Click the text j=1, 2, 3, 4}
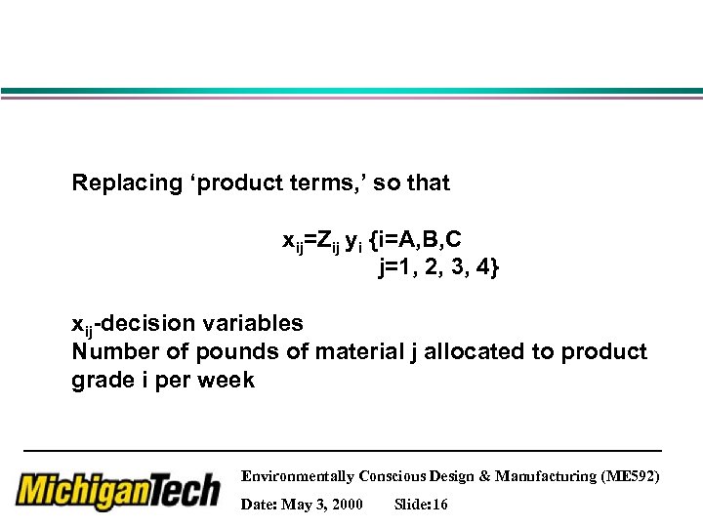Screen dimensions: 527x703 pyautogui.click(x=438, y=268)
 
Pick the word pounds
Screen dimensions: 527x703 pyautogui.click(x=235, y=351)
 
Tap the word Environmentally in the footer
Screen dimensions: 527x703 pyautogui.click(x=297, y=476)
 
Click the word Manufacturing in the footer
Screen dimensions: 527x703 pyautogui.click(x=548, y=476)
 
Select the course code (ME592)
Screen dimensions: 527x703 pyautogui.click(x=633, y=476)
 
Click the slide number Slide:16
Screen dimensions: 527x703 pyautogui.click(x=421, y=505)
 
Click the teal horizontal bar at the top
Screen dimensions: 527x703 pyautogui.click(x=351, y=92)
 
